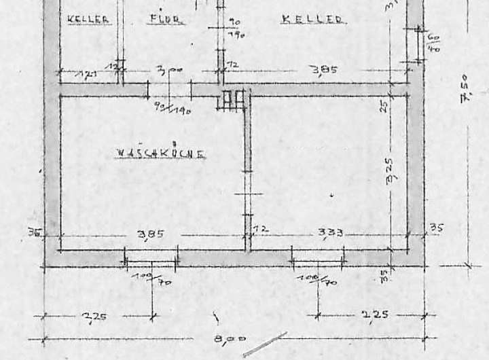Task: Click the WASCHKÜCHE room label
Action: [x=160, y=154]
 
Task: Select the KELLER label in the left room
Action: [x=88, y=20]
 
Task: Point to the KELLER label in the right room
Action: [x=312, y=20]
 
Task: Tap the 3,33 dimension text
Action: [x=330, y=232]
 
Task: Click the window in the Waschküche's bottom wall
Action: [x=151, y=257]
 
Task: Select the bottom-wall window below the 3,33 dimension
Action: [x=317, y=257]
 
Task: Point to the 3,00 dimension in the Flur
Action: [x=164, y=69]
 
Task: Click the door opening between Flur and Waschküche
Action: [x=170, y=90]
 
